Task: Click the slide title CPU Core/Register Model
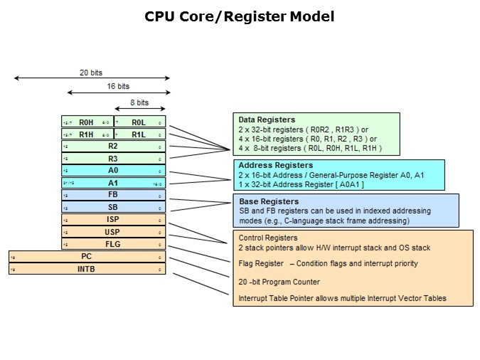tap(240, 16)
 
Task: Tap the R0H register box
tap(87, 122)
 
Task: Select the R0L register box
tap(139, 122)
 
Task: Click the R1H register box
tap(87, 134)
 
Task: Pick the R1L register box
tap(139, 134)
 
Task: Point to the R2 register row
tap(113, 146)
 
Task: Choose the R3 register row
tap(113, 158)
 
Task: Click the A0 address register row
tap(113, 171)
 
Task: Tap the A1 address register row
tap(113, 183)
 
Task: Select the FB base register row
tap(113, 195)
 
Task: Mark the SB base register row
tap(113, 207)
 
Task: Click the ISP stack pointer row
tap(113, 219)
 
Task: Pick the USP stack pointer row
tap(113, 231)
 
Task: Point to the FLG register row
tap(113, 243)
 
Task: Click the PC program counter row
tap(87, 256)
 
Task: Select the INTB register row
tap(87, 268)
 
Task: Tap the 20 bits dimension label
tap(90, 72)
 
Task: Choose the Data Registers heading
tap(267, 120)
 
